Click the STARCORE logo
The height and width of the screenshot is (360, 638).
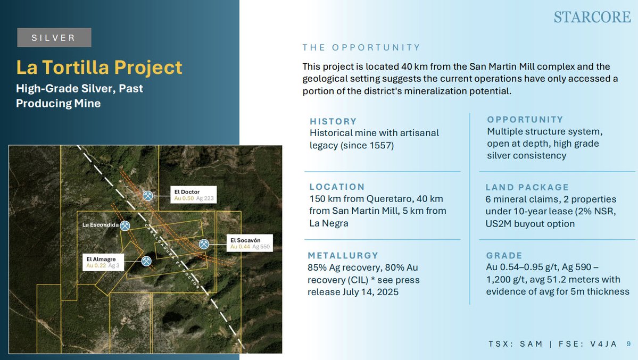[592, 17]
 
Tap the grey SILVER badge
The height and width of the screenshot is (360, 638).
[54, 38]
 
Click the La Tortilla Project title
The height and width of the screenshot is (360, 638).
[99, 68]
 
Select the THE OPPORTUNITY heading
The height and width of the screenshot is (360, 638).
[361, 48]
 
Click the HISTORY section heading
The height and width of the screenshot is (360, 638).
[333, 121]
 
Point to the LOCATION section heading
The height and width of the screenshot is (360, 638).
[337, 187]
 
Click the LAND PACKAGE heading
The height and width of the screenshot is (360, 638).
[527, 187]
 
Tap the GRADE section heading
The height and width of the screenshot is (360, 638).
[504, 255]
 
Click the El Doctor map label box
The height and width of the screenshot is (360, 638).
[194, 195]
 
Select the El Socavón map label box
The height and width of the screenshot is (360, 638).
[250, 243]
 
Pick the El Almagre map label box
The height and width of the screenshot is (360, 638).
[104, 262]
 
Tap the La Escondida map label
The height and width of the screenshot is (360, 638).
[100, 225]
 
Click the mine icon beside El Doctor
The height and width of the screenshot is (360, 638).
[148, 196]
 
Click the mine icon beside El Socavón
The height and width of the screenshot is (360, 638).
[204, 244]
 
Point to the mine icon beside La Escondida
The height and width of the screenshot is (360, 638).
[125, 225]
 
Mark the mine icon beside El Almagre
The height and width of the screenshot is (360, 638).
[146, 261]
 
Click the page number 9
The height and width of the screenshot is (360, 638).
[628, 344]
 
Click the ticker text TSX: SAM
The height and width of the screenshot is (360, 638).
[516, 344]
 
